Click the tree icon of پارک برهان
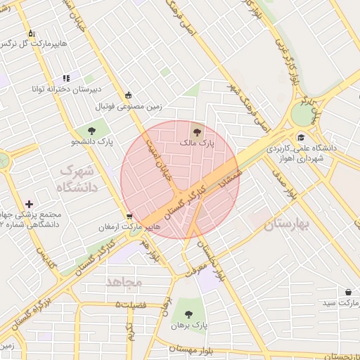[188, 314]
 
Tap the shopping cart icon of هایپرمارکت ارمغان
[128, 217]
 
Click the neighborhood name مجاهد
[124, 281]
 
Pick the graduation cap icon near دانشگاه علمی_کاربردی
[302, 138]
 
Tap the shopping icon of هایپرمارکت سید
[348, 291]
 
